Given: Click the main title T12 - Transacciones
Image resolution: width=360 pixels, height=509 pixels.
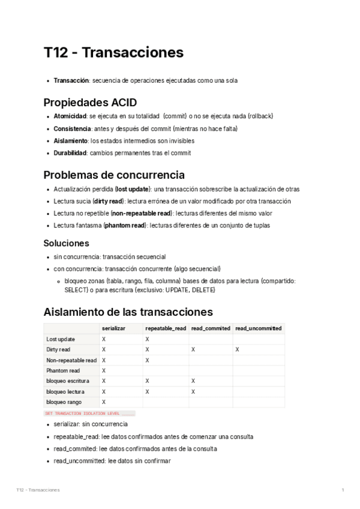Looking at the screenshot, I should (x=113, y=53).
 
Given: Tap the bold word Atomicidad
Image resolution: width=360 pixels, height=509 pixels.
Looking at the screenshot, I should (x=70, y=116).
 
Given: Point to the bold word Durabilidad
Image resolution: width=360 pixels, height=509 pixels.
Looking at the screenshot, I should (x=70, y=153).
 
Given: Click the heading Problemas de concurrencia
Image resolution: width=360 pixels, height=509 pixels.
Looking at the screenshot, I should (x=114, y=175).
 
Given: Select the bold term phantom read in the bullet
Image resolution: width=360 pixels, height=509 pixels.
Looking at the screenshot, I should (x=124, y=226).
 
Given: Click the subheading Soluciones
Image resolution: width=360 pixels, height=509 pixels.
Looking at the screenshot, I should (x=66, y=243).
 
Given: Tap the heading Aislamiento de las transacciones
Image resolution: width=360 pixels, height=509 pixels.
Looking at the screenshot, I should (x=128, y=312).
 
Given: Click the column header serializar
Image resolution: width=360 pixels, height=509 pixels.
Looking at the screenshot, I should (x=113, y=328).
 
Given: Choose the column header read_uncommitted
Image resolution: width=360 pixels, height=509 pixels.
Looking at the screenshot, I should (x=258, y=328).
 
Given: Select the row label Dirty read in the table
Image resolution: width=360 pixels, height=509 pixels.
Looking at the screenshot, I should (x=58, y=349).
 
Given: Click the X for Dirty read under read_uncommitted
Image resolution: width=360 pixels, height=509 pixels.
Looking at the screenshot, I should (x=238, y=349).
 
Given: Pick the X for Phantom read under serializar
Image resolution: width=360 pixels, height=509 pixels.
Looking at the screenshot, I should (x=104, y=370).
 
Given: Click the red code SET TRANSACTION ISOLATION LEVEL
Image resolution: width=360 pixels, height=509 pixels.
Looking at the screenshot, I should (x=82, y=414).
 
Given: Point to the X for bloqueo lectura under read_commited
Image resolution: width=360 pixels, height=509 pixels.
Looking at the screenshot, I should (x=193, y=391).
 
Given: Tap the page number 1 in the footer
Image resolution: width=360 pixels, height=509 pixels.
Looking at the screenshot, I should (x=343, y=490).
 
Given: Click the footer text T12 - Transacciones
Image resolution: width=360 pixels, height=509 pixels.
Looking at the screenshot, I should (x=38, y=490).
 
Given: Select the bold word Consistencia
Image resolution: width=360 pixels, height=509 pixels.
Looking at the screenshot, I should (x=72, y=128).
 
